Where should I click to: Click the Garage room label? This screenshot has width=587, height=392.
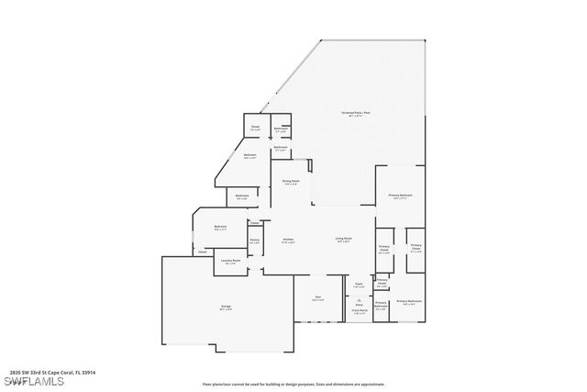point(226,308)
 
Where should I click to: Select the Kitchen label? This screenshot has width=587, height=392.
point(287,241)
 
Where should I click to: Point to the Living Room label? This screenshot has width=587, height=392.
point(343,240)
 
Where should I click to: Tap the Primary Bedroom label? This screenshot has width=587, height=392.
point(400,196)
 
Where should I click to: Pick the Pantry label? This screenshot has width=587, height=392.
point(254,241)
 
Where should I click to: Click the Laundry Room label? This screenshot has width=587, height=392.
point(230,262)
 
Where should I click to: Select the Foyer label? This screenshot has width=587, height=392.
point(360,285)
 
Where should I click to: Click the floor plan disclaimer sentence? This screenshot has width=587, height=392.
point(293,383)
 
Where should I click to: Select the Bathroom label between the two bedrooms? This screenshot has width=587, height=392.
point(242,196)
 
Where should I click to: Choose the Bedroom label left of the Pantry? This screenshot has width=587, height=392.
point(220,227)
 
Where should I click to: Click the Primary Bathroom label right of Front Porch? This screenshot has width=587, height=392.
point(409,302)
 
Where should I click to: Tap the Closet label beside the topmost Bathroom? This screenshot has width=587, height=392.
point(256,128)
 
